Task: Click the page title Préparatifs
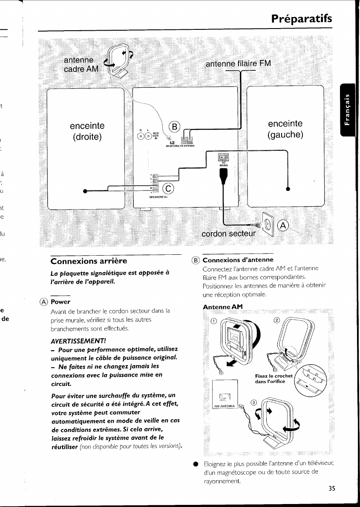(301, 19)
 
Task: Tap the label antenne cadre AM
(81, 64)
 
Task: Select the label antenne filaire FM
(238, 64)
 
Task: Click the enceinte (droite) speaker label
(87, 132)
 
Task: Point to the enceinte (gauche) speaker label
(285, 129)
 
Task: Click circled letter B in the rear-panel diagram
(175, 127)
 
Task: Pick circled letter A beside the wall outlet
(282, 226)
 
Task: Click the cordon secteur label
(229, 234)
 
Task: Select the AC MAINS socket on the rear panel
(224, 158)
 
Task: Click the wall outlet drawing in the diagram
(267, 222)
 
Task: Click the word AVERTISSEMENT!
(78, 341)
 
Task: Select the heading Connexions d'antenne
(238, 260)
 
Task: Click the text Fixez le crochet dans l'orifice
(274, 378)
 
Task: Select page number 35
(332, 489)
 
